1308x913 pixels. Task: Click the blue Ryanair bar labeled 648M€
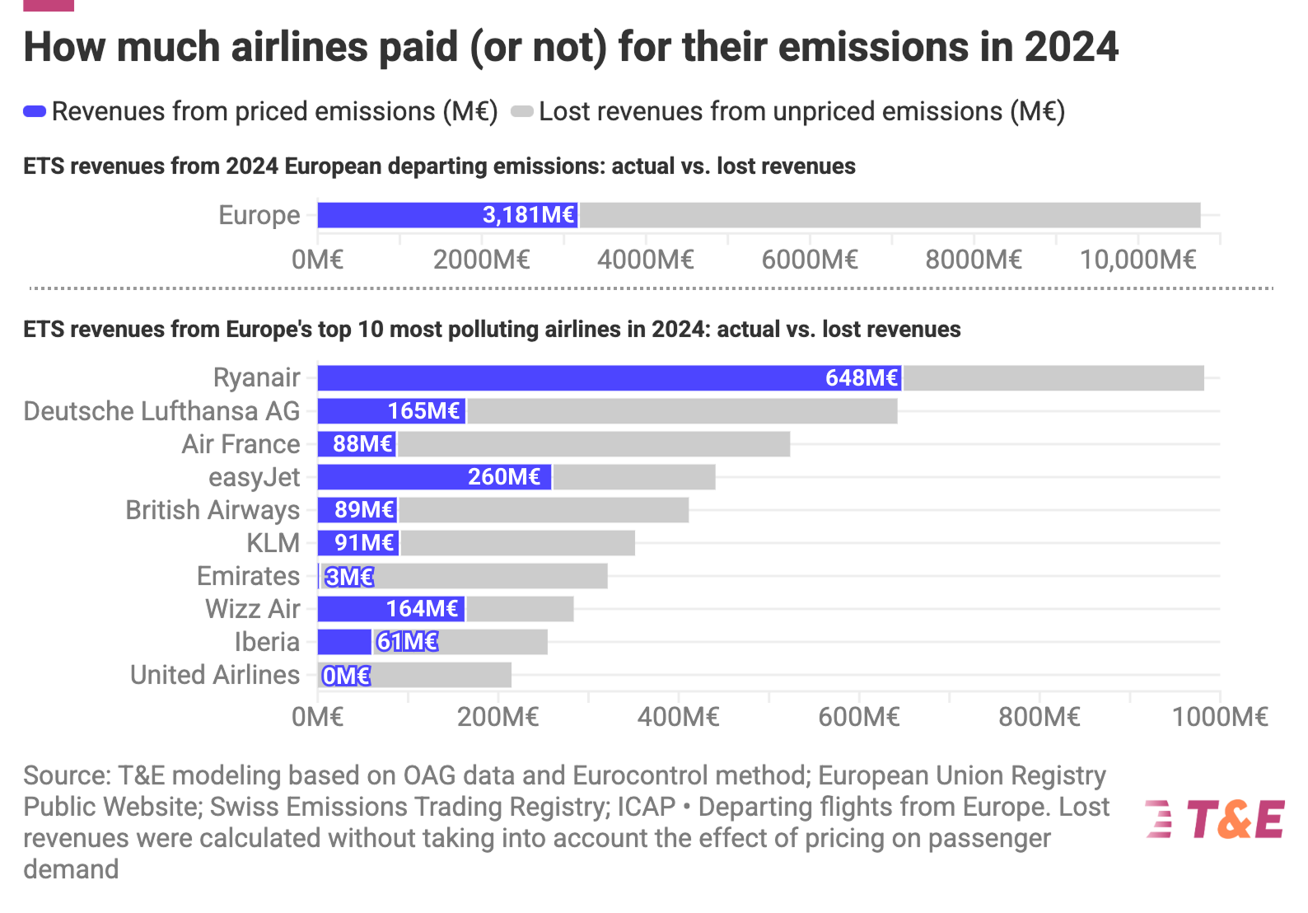pos(610,378)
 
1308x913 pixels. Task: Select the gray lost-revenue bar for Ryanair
pos(1053,378)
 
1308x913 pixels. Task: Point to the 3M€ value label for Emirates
pos(349,577)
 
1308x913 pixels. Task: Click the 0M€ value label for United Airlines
pos(346,676)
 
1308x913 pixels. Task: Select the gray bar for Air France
pos(593,444)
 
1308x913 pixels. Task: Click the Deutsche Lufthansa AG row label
pos(161,411)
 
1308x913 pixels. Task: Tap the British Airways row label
pos(213,510)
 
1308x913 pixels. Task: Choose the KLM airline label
pos(273,543)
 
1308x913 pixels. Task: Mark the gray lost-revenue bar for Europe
pos(890,215)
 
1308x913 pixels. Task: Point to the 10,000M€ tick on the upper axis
pos(1137,260)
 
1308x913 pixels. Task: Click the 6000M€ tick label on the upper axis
pos(810,260)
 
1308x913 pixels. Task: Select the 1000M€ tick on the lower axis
pos(1220,717)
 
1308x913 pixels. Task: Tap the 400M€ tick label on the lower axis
pos(678,717)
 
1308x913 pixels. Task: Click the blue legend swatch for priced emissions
pos(35,111)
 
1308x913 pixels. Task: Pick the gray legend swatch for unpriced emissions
pos(522,111)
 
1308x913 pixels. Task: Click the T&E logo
pos(1215,819)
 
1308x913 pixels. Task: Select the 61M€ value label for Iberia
pos(407,642)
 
